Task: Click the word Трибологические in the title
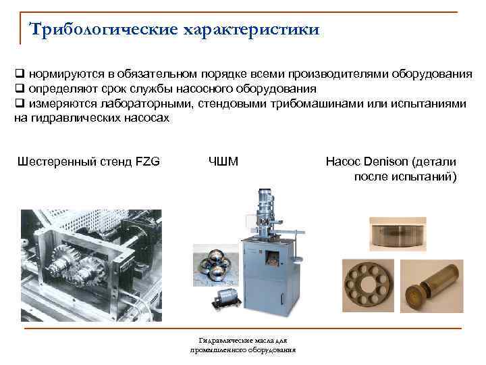[x=103, y=30]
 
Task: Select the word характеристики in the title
[x=251, y=30]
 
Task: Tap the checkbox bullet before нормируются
[x=19, y=74]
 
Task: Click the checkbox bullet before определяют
[x=19, y=89]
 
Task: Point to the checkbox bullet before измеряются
[x=19, y=103]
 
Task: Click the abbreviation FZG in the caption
[x=148, y=162]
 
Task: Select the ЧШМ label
[x=223, y=162]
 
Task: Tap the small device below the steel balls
[x=226, y=298]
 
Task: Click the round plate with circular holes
[x=368, y=286]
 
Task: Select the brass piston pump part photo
[x=432, y=286]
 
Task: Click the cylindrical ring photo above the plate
[x=398, y=234]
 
